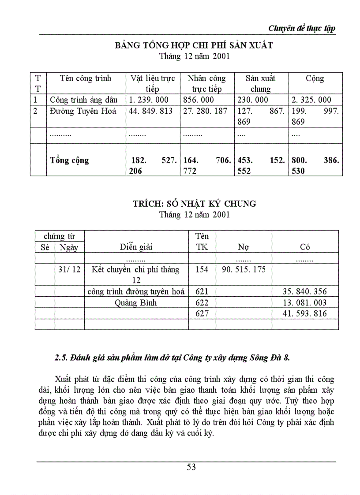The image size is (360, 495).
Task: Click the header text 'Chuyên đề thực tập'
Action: (302, 28)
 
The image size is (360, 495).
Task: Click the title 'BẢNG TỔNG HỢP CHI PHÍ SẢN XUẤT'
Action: (194, 45)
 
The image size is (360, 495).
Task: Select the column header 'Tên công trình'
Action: (86, 78)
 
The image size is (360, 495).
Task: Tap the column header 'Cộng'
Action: (315, 78)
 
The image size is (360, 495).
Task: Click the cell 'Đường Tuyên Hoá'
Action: (83, 111)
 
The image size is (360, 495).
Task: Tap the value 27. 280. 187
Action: (205, 111)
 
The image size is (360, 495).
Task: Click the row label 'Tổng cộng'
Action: (70, 160)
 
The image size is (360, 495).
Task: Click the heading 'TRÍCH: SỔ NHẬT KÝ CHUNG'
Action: (194, 204)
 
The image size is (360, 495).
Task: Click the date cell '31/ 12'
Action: (69, 269)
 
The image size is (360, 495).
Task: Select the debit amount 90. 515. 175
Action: (244, 269)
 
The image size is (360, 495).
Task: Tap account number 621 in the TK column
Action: (202, 291)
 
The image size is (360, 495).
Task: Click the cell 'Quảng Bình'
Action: (136, 303)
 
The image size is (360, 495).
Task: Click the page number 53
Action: (191, 467)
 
